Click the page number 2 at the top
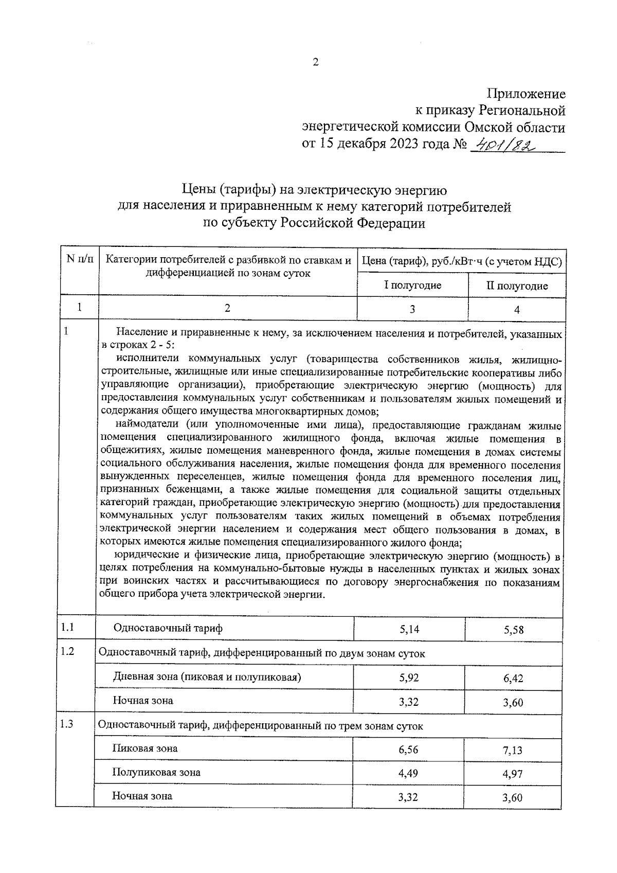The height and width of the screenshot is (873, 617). pos(316,63)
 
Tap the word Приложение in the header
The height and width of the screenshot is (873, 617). pos(526,94)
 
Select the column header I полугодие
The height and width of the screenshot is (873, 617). pos(412,285)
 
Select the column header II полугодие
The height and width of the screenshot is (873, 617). pos(517,286)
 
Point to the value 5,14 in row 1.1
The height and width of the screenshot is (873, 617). pos(409,629)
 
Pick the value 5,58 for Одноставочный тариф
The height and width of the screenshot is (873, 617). pos(514,630)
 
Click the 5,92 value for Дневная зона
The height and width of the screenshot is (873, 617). pos(409,678)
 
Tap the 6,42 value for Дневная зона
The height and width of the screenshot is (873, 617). pos(513,679)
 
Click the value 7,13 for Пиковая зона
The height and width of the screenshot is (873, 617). pos(513,751)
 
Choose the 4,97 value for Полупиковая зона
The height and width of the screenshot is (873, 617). pos(513,774)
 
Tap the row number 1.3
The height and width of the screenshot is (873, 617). pos(67,724)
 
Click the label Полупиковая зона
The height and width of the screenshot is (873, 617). pos(156,773)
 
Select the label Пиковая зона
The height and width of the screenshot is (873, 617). pos(145,749)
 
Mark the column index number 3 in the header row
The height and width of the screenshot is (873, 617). pos(412,309)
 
